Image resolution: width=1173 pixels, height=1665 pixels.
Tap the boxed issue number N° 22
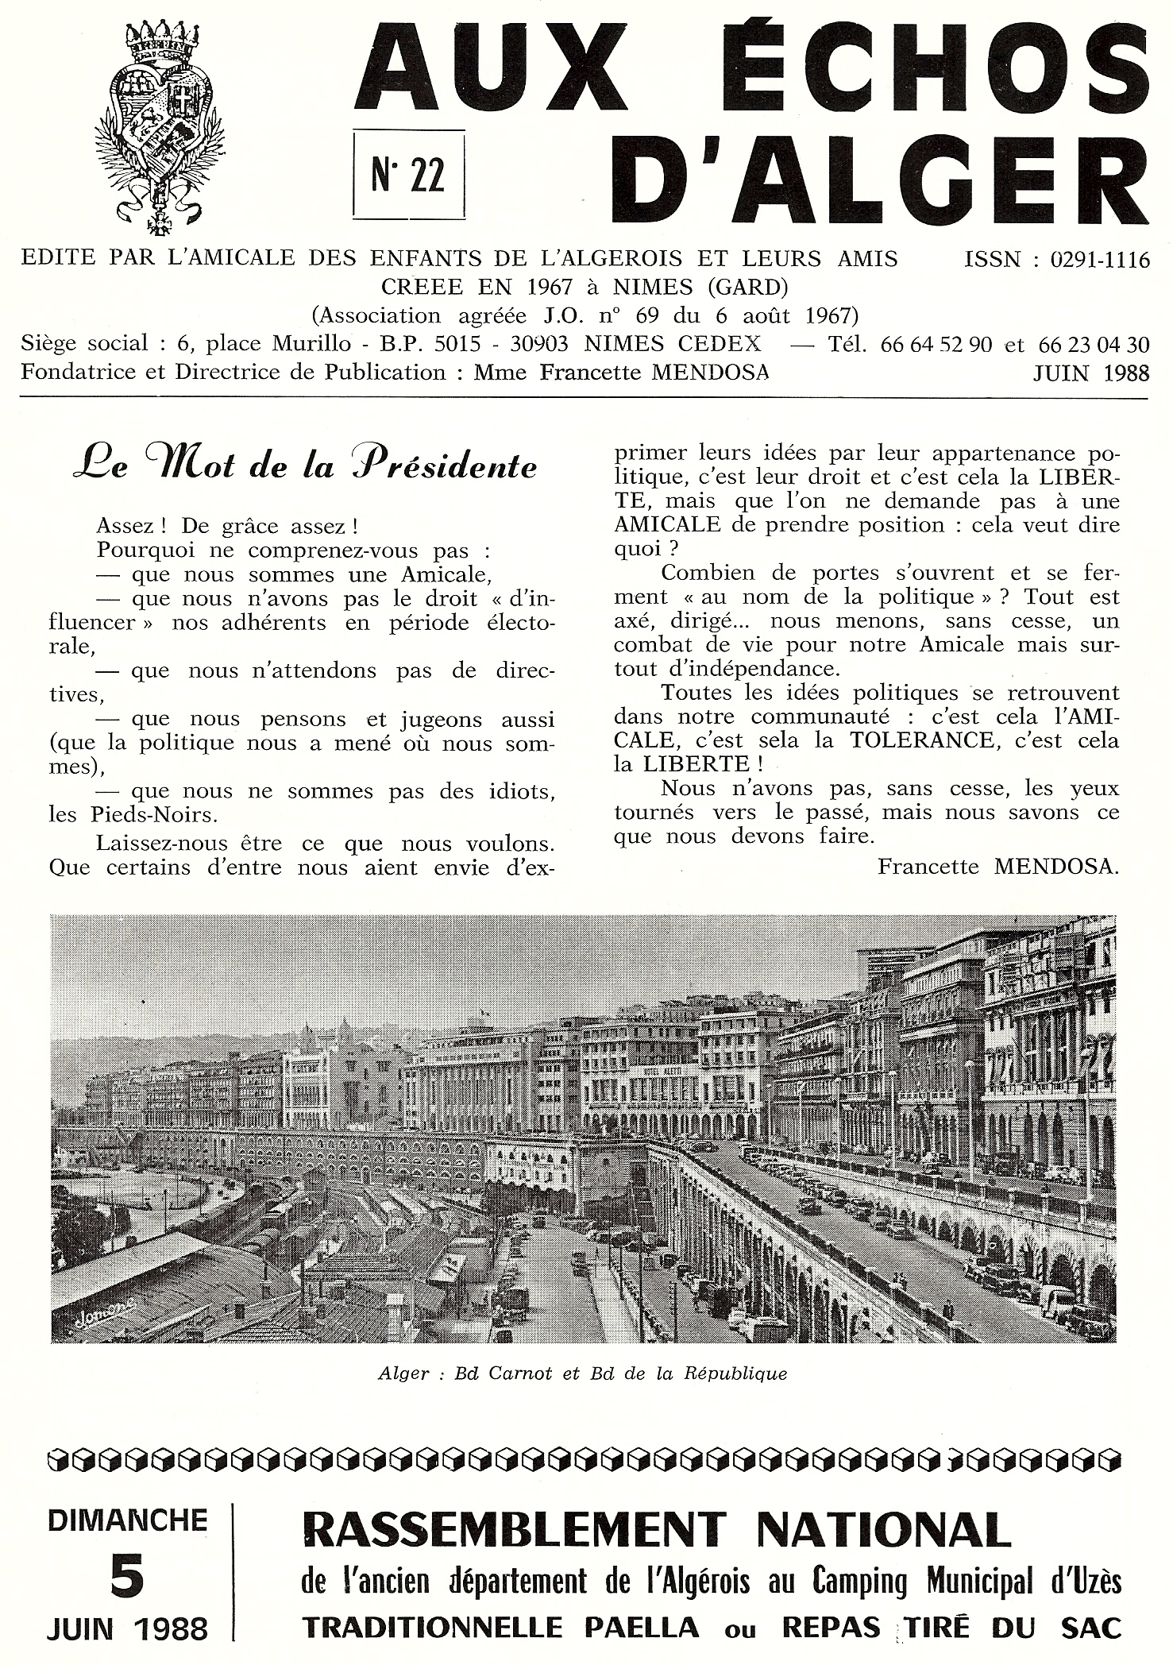(x=407, y=173)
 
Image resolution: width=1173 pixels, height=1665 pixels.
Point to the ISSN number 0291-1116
(x=1101, y=260)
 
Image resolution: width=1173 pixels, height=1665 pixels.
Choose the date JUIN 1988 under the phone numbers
(x=1090, y=373)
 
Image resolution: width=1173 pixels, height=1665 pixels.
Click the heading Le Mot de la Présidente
(x=304, y=466)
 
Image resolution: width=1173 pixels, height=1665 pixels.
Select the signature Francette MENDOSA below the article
(x=997, y=867)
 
